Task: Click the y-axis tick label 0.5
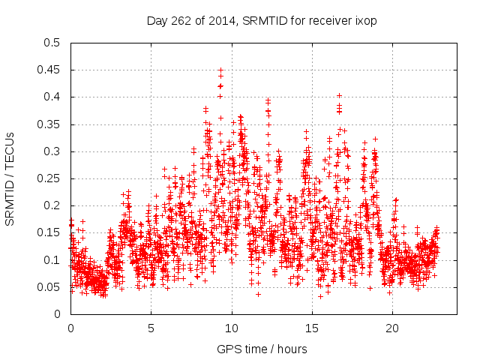tap(52, 43)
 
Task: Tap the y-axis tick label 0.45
tap(49, 70)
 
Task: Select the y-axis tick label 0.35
tap(49, 124)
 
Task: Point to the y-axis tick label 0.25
tap(49, 178)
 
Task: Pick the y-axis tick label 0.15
tap(49, 232)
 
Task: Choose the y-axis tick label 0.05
tap(49, 286)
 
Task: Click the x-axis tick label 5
tap(151, 328)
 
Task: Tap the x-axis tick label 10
tap(232, 328)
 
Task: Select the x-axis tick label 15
tap(312, 328)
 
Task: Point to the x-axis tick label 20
tap(392, 328)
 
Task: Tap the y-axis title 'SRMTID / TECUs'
tap(10, 178)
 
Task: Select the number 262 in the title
tap(179, 20)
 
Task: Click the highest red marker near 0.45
tap(220, 70)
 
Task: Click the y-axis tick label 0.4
tap(52, 97)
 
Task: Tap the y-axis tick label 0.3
tap(52, 151)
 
